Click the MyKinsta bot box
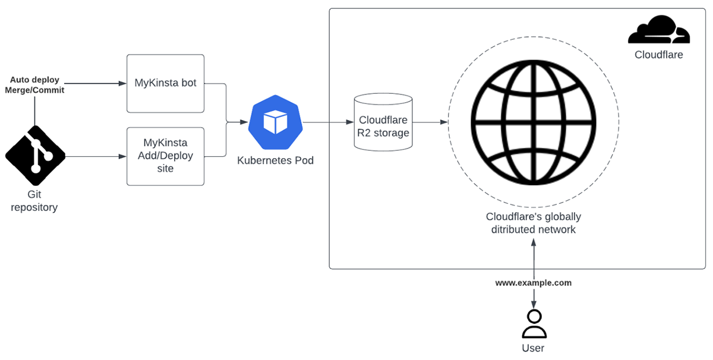coord(165,83)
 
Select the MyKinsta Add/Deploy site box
coord(165,156)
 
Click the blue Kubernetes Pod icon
coord(275,123)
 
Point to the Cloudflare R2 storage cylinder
coord(383,123)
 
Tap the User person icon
coord(534,324)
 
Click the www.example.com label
coord(534,283)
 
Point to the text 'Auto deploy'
coord(34,80)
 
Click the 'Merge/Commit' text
coord(34,90)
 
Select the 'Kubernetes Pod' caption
coord(275,160)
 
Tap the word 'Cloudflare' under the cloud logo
coord(658,55)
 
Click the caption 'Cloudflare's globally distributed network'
coord(533,223)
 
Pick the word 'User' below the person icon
coord(533,348)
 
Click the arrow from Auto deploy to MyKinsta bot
coord(95,83)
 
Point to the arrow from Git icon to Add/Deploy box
coord(95,157)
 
